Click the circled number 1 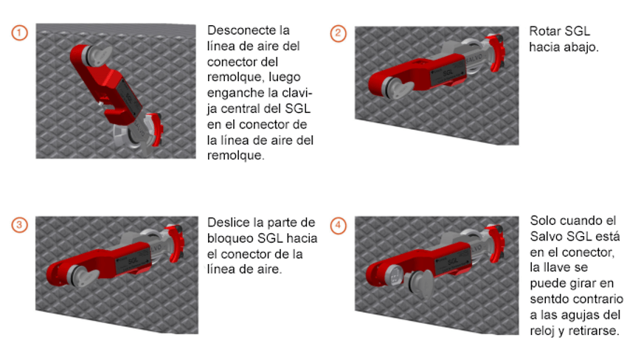(20, 34)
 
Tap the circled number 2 (338, 34)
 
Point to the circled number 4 (338, 225)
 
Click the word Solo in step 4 (543, 221)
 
